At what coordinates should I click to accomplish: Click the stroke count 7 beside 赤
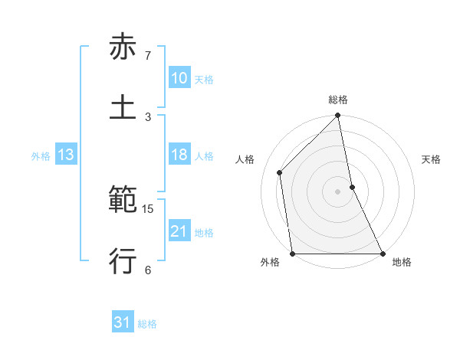pos(148,56)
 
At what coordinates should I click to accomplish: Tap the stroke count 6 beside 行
pos(148,269)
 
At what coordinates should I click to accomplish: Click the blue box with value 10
pos(179,78)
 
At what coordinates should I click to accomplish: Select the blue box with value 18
pos(179,155)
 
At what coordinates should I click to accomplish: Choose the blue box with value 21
pos(179,231)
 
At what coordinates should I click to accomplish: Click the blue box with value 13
pos(65,155)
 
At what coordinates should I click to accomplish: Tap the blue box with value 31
pos(123,322)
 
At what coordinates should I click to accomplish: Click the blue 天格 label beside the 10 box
pos(204,79)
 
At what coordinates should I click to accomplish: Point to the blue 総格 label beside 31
pos(147,324)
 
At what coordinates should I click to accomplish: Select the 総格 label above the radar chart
pos(338,100)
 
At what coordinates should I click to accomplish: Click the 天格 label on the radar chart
pos(432,159)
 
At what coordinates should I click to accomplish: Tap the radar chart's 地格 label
pos(402,262)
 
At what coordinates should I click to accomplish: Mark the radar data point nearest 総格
pos(338,116)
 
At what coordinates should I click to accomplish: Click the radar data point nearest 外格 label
pos(293,254)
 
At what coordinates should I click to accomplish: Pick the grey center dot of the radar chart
pos(338,191)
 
